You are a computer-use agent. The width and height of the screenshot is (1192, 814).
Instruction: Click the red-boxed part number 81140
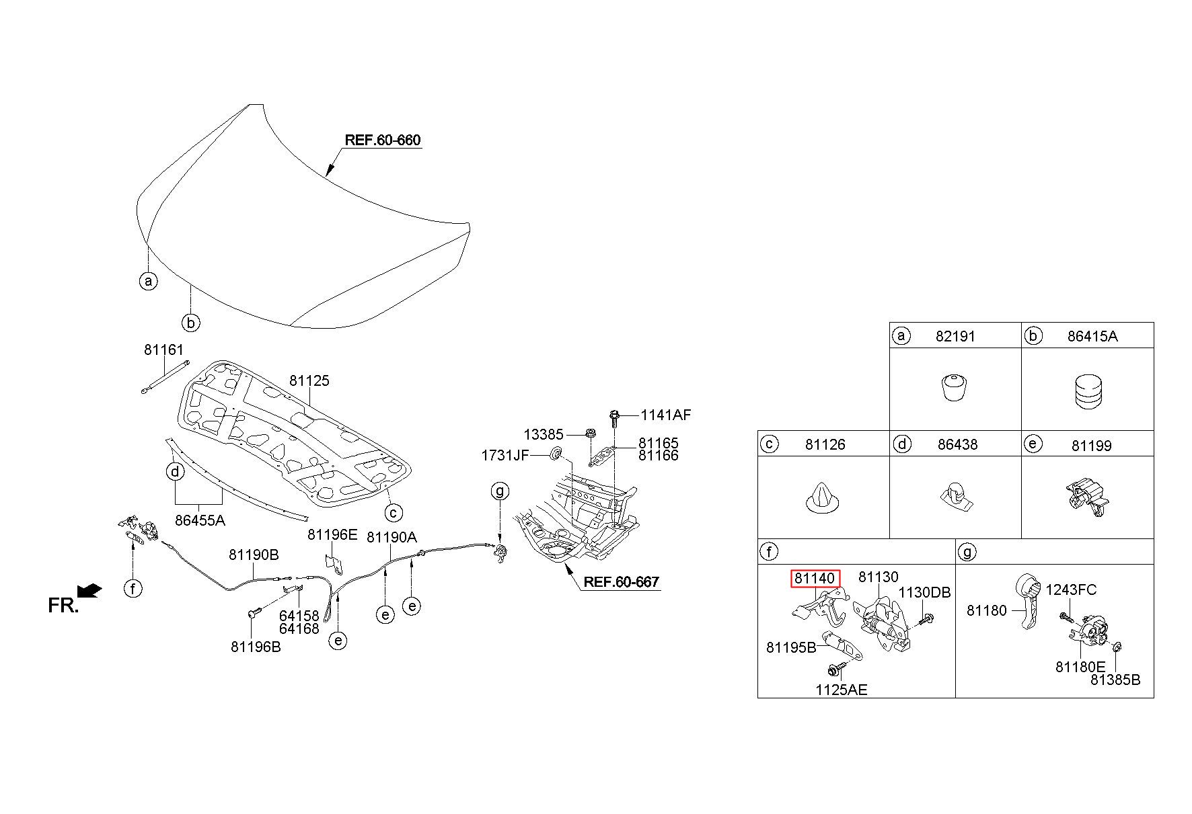(815, 578)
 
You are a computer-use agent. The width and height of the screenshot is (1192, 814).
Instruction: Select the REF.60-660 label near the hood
(382, 140)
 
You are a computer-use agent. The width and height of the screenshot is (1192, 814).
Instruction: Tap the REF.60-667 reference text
(621, 582)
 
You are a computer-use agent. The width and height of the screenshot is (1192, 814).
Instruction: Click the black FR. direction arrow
(90, 590)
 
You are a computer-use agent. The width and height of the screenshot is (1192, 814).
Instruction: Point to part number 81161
(163, 350)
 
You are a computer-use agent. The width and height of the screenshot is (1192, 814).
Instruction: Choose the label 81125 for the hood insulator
(309, 380)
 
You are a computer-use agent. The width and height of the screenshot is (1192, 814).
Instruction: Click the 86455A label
(200, 520)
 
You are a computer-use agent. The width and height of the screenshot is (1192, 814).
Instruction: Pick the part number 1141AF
(665, 415)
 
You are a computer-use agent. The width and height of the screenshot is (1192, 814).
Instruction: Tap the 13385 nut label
(544, 434)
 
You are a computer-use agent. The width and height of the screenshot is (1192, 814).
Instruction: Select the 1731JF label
(505, 456)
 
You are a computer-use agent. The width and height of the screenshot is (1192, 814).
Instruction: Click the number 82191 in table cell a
(955, 336)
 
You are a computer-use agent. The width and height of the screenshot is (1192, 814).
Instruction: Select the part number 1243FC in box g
(1071, 589)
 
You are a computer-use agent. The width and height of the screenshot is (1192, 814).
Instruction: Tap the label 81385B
(1115, 680)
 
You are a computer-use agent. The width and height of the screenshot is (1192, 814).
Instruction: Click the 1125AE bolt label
(842, 690)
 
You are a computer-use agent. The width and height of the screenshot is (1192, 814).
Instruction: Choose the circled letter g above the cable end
(500, 491)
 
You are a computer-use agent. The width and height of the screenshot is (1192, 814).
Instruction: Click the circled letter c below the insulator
(394, 513)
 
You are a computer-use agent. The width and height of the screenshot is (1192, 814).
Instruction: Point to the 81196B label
(256, 647)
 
